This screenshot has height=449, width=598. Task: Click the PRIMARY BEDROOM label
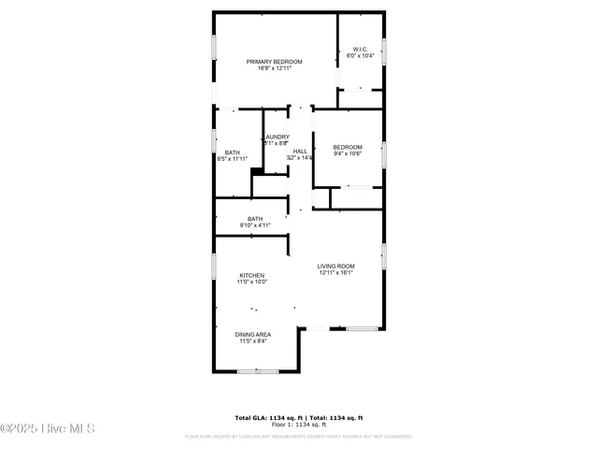click(274, 62)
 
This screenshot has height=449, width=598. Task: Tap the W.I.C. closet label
click(360, 49)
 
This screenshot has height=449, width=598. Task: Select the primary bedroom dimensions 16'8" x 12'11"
click(274, 69)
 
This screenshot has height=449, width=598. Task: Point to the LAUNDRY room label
click(276, 137)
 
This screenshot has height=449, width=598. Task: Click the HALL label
click(300, 151)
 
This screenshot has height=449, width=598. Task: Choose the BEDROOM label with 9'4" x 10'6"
click(348, 147)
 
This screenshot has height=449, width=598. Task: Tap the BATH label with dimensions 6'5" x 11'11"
click(233, 152)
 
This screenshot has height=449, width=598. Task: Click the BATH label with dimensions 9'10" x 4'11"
click(255, 219)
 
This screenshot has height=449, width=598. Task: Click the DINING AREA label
click(252, 334)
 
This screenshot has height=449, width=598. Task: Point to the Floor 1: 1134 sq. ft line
click(298, 425)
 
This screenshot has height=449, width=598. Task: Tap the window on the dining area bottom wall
click(257, 371)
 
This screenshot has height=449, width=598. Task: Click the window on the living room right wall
click(383, 255)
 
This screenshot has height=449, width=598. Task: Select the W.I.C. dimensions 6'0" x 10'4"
click(360, 56)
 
